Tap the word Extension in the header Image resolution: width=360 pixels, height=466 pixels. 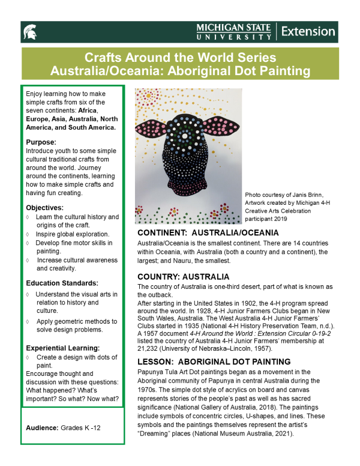tap(308, 31)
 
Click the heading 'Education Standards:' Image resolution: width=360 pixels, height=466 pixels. tap(62, 283)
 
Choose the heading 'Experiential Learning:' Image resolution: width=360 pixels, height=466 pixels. tap(63, 348)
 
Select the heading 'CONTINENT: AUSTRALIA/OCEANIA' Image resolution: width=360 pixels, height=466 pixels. tap(208, 232)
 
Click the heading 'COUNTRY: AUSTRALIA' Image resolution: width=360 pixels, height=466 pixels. tap(183, 277)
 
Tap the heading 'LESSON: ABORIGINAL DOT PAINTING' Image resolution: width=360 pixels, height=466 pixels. tap(214, 362)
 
